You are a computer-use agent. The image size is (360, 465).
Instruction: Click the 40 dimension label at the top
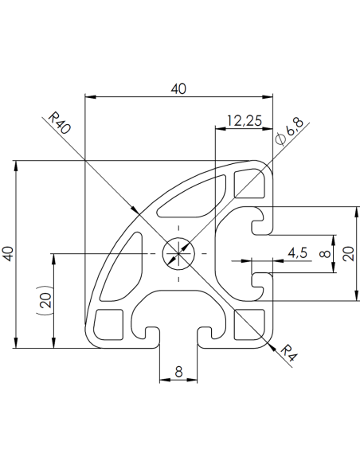pyautogui.click(x=178, y=89)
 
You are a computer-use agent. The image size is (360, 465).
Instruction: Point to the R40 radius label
pyautogui.click(x=60, y=124)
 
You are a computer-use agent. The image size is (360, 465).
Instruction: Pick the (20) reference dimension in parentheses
pyautogui.click(x=45, y=301)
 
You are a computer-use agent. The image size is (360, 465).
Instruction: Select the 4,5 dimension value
pyautogui.click(x=299, y=253)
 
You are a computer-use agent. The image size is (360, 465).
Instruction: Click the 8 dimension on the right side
pyautogui.click(x=323, y=255)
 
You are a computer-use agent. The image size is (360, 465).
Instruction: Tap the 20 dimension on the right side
pyautogui.click(x=348, y=254)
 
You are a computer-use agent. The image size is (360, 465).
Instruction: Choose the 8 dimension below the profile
pyautogui.click(x=178, y=371)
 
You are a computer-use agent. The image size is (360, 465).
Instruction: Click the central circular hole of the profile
pyautogui.click(x=178, y=254)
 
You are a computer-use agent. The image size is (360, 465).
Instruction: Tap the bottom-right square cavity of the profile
pyautogui.click(x=248, y=323)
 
